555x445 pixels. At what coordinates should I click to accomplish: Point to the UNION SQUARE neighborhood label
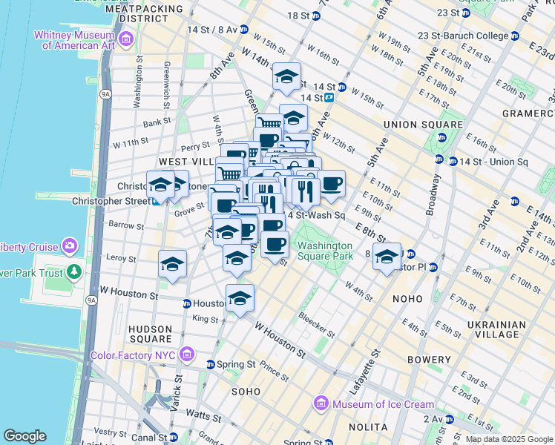(x=412, y=125)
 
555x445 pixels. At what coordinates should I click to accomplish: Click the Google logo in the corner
(x=24, y=436)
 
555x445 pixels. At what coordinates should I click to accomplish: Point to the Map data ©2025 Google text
(x=509, y=439)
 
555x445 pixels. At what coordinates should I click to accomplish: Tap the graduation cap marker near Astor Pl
(x=387, y=257)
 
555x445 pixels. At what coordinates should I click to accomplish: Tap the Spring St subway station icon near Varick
(x=211, y=365)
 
